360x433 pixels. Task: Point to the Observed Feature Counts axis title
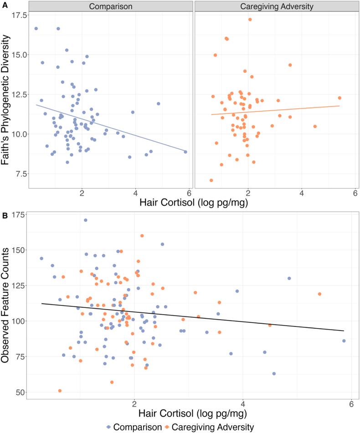[x=8, y=306]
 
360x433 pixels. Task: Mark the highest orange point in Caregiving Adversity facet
[x=250, y=20]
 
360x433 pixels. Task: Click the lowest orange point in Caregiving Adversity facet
[x=211, y=180]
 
